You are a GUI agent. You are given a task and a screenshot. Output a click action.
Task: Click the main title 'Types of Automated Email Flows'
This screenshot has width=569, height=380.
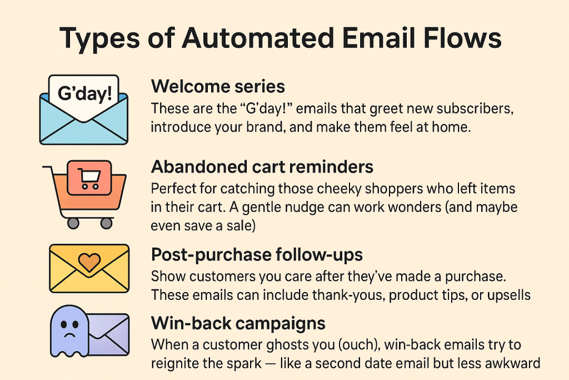[281, 40]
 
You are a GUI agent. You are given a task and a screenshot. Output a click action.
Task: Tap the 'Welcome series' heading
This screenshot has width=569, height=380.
[218, 87]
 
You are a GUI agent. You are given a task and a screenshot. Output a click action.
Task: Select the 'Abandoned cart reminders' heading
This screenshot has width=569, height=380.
[262, 167]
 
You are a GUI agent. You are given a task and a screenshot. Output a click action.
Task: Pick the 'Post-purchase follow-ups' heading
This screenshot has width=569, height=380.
[257, 255]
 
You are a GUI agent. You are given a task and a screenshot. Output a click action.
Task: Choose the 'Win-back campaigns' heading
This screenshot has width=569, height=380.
[238, 323]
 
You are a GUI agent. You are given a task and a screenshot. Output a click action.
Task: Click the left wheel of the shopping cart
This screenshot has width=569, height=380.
[73, 223]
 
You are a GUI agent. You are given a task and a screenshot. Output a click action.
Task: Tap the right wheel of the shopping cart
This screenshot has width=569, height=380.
[106, 223]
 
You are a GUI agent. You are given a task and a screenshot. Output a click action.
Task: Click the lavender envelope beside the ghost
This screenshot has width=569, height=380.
[109, 334]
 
